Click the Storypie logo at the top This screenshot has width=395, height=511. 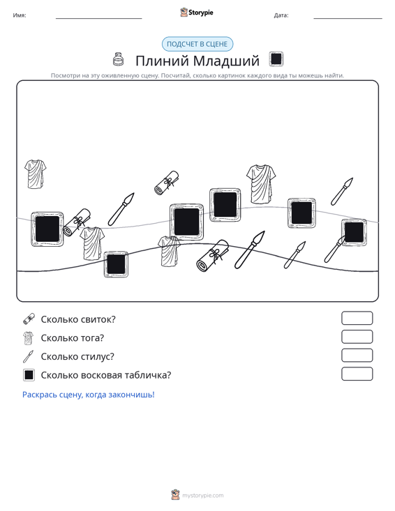197,13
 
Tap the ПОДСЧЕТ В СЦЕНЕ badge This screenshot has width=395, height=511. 197,44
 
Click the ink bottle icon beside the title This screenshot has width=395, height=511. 118,59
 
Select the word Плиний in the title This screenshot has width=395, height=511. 162,61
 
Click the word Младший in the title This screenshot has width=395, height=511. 226,61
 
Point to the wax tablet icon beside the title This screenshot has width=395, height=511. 276,59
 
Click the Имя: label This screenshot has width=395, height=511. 20,15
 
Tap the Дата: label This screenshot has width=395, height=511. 281,15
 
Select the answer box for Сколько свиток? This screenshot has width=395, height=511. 357,318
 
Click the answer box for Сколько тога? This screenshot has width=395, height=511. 357,337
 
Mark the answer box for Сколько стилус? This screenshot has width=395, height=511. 357,356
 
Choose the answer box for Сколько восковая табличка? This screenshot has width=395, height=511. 357,374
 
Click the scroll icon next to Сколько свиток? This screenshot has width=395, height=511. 29,319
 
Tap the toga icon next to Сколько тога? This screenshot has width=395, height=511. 29,338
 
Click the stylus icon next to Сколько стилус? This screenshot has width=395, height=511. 29,356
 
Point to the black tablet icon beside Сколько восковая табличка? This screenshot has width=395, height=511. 29,375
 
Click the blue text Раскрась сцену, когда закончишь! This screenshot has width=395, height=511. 89,395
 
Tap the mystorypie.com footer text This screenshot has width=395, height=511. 203,496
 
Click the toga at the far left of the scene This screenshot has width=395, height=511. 35,174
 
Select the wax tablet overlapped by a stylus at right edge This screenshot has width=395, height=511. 354,232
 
